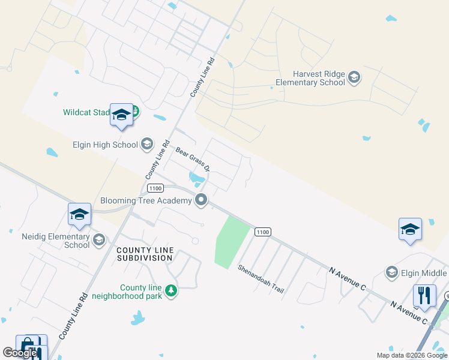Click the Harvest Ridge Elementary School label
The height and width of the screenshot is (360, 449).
(x=310, y=78)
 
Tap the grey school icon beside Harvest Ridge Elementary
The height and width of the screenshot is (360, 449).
(x=354, y=76)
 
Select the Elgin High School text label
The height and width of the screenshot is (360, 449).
(x=105, y=144)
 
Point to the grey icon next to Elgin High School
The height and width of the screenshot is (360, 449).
(x=147, y=144)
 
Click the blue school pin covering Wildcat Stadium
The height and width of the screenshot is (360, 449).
(x=121, y=115)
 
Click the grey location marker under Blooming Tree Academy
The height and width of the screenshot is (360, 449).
(x=202, y=200)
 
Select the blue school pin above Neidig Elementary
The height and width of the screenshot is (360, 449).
(x=80, y=215)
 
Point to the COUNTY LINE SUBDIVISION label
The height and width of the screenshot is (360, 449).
(x=145, y=254)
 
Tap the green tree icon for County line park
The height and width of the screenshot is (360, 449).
(x=171, y=291)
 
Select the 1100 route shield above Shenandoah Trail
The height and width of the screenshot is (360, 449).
(x=262, y=232)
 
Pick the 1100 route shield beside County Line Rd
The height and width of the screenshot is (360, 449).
(x=155, y=188)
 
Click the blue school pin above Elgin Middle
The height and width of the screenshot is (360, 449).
(x=410, y=230)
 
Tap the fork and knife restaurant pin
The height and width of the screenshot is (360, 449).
(x=424, y=296)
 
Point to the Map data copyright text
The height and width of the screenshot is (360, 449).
(x=412, y=355)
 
